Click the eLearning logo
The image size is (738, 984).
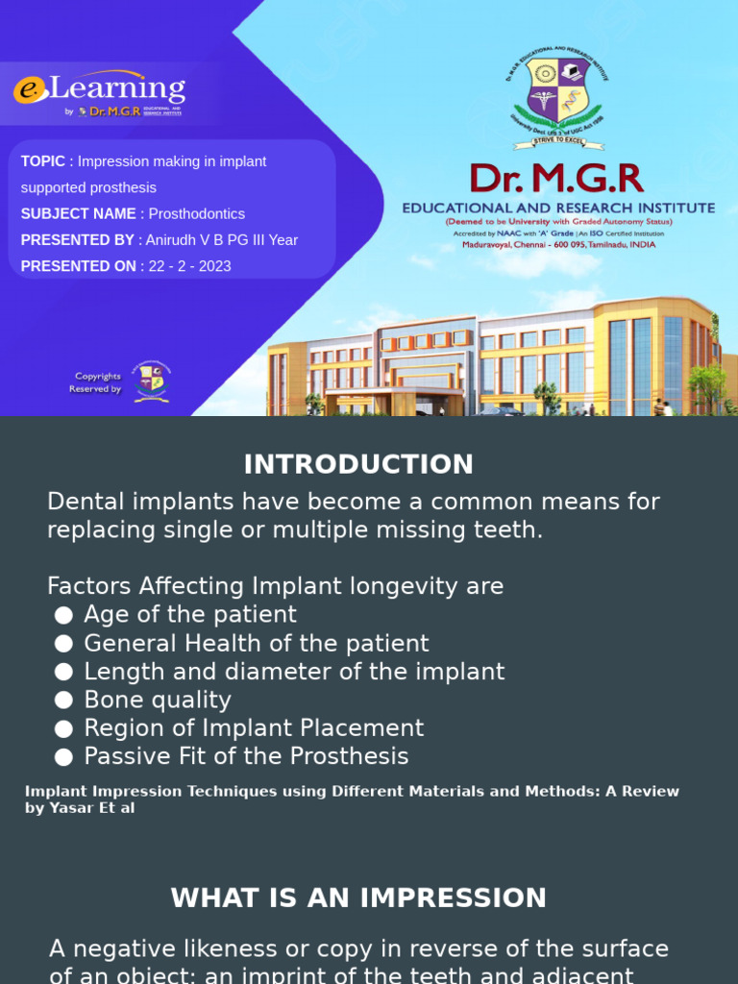(x=100, y=93)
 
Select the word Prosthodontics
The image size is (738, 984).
(x=196, y=214)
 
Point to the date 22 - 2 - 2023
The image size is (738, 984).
(x=189, y=266)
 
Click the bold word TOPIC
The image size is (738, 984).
(x=43, y=161)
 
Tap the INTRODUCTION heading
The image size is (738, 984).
(x=358, y=464)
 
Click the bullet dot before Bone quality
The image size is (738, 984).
(x=63, y=701)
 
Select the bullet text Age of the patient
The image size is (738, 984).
(x=190, y=614)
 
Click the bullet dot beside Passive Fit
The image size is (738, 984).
(x=63, y=757)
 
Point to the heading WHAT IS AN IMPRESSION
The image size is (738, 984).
(x=358, y=898)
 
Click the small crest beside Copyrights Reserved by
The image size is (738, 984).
(x=151, y=381)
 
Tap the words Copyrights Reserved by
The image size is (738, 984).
(x=95, y=382)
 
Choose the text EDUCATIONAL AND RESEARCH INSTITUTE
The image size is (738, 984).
(x=558, y=208)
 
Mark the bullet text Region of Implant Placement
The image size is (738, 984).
(x=254, y=728)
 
